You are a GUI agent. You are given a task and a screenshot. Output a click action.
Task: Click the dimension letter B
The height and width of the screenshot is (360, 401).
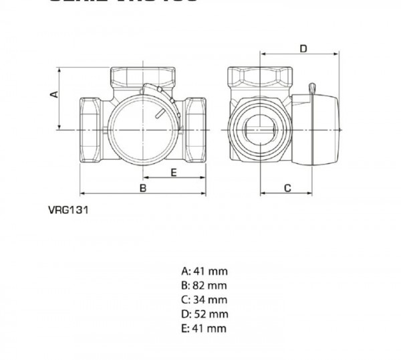[142, 188]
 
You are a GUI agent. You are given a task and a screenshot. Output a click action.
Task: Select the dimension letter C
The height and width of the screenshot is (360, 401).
[287, 188]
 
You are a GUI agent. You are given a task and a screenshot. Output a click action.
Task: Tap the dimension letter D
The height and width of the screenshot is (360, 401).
[302, 48]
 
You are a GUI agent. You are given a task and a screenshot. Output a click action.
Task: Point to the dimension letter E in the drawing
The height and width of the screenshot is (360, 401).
[172, 172]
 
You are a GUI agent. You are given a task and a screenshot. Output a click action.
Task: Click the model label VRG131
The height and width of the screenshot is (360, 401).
[69, 208]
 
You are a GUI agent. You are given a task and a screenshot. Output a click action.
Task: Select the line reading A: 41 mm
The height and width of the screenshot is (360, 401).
[205, 272]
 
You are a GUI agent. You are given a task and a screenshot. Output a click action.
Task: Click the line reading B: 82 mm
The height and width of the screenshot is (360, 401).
[205, 286]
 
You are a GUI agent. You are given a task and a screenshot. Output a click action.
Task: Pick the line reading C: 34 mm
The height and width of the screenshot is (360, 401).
[205, 300]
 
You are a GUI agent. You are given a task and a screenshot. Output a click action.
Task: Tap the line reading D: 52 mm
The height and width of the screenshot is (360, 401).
[205, 314]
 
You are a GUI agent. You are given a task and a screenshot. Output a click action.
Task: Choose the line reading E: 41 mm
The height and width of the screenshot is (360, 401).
[205, 328]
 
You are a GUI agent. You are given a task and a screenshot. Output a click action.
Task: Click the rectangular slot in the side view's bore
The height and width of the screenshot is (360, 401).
[259, 126]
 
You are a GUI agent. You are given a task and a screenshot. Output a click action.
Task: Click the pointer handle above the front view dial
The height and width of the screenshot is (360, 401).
[155, 92]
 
